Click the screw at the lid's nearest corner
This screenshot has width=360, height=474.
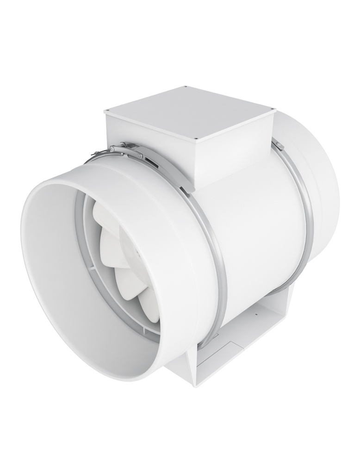pos(197,137)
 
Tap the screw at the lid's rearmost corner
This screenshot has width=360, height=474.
pos(185,87)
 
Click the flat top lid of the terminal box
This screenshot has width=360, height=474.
pos(190,111)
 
